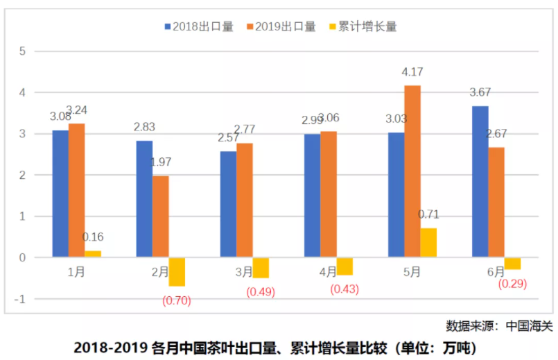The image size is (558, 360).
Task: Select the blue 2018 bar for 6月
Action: (x=480, y=182)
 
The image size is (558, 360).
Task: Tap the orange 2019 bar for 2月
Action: (x=160, y=216)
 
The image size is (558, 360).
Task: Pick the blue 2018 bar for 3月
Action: (x=227, y=204)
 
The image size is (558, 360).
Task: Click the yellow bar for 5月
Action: (x=428, y=243)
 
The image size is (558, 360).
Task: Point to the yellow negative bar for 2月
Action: (x=177, y=272)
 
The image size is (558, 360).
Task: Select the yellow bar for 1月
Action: (x=93, y=254)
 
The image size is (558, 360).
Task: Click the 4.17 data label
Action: (x=412, y=72)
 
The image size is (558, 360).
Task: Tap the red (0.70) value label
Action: (x=176, y=301)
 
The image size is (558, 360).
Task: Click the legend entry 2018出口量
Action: (x=198, y=27)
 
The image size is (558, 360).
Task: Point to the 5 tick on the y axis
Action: (x=22, y=51)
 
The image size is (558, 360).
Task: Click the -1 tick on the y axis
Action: (x=21, y=299)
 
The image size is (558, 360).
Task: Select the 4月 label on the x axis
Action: (x=328, y=272)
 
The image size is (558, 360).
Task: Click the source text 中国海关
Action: (x=530, y=325)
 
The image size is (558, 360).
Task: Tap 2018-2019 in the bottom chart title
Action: (x=110, y=346)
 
